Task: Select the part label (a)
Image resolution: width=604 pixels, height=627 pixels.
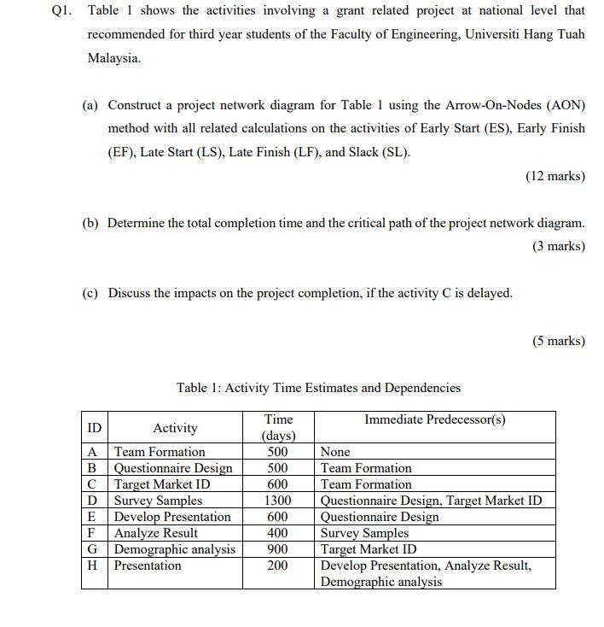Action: (90, 105)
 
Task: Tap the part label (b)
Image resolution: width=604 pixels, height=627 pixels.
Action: (90, 223)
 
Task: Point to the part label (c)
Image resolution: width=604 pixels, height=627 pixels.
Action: (90, 293)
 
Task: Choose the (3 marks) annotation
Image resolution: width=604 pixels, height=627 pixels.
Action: (559, 246)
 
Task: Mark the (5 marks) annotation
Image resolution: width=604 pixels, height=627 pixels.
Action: (559, 341)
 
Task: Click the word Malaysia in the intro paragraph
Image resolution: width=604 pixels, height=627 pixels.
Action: (113, 59)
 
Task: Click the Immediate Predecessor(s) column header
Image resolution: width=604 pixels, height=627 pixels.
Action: (434, 419)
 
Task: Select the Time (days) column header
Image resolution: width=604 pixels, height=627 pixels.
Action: (278, 427)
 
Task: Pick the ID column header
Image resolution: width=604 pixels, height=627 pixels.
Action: (94, 427)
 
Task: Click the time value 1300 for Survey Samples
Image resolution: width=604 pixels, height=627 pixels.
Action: (277, 501)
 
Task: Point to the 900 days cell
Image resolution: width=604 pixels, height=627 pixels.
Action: (277, 549)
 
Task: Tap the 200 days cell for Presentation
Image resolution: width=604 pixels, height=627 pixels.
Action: (277, 565)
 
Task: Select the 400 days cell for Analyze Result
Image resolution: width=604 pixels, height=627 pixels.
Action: (277, 533)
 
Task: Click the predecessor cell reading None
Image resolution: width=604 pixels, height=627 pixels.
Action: (334, 452)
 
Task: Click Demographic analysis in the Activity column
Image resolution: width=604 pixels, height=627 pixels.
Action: (175, 549)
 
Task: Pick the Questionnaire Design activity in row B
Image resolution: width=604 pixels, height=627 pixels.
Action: (173, 468)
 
